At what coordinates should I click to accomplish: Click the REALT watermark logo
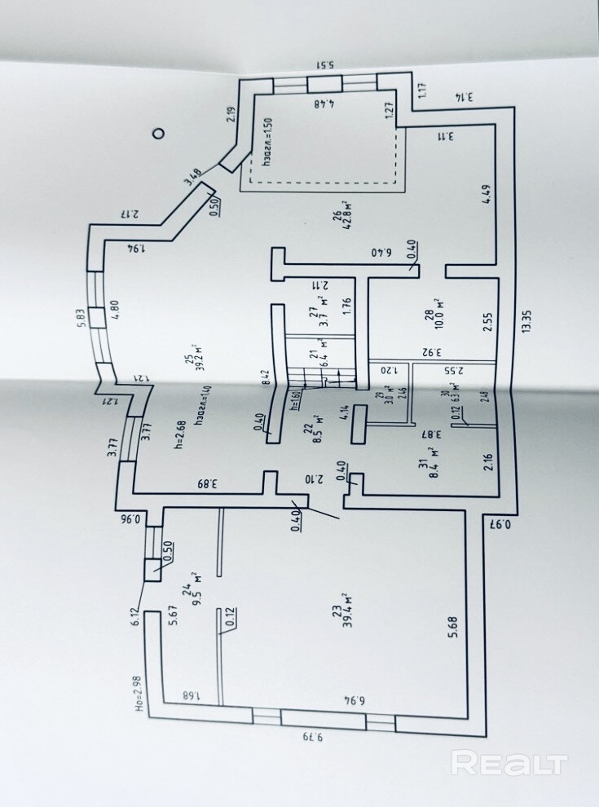[509, 764]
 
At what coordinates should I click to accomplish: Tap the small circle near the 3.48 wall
[159, 133]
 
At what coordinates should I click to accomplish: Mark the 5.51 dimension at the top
[324, 66]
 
